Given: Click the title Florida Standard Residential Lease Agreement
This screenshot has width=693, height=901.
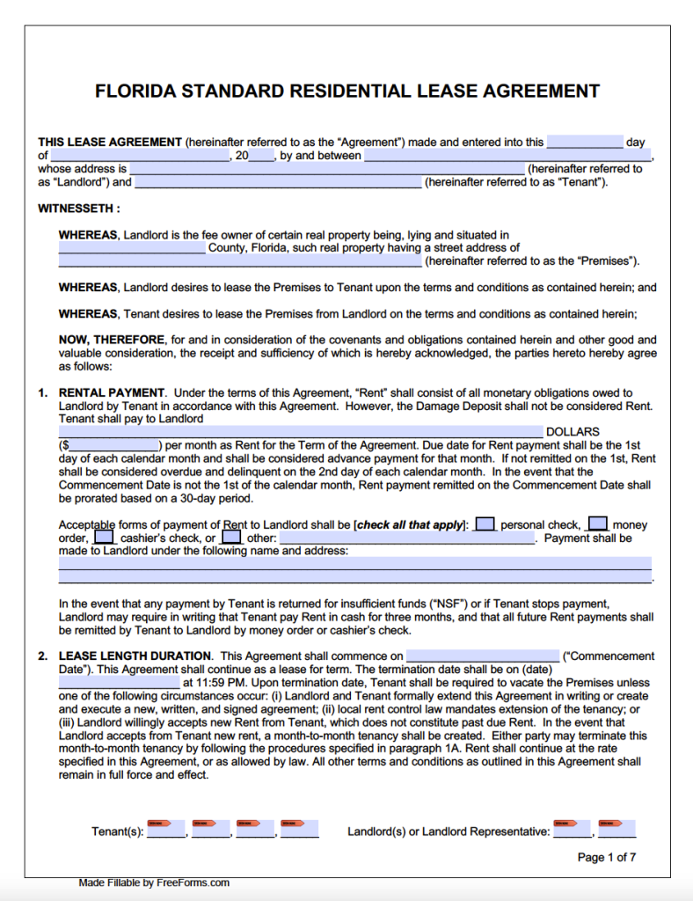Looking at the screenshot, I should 346,92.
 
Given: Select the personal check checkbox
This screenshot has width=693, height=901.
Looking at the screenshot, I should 485,524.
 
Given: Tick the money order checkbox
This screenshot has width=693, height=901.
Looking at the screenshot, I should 598,524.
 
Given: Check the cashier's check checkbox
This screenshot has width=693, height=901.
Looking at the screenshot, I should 104,537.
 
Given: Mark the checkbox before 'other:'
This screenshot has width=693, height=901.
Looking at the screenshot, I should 231,537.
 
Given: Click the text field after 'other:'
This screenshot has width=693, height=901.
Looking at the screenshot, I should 406,538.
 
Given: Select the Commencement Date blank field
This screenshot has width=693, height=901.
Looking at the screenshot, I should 482,656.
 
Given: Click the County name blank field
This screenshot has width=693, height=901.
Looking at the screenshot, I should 132,248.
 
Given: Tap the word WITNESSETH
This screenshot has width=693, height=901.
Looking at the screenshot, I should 77,209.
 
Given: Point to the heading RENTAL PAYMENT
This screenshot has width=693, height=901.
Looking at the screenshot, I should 112,392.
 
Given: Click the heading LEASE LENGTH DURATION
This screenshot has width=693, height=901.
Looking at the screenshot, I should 135,656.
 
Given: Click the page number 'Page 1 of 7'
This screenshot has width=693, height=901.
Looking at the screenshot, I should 606,857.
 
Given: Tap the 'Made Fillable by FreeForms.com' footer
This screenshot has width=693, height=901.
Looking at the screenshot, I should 153,883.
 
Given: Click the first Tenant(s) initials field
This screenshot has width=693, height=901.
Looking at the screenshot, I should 166,829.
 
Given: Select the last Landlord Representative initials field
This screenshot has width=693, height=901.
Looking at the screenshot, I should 616,829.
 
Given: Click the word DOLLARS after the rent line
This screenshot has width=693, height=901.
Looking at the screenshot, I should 573,432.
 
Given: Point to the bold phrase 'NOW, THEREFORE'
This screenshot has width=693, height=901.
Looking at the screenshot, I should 112,340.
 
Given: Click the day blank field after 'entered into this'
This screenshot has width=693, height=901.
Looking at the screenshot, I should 584,143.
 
